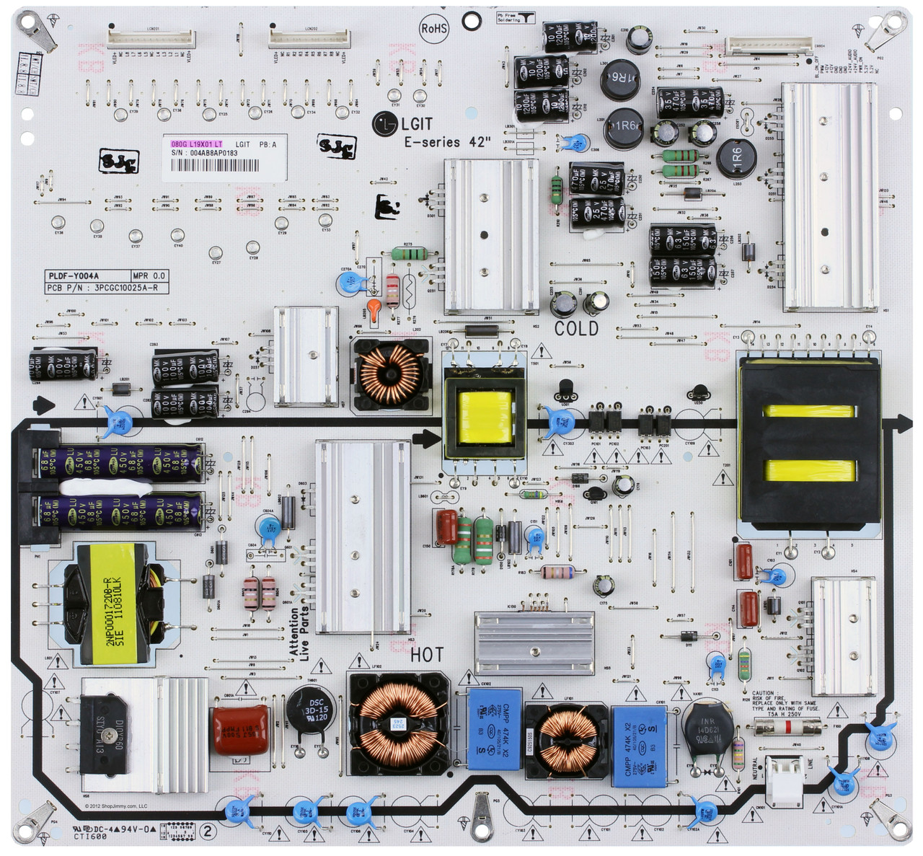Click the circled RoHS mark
(434, 29)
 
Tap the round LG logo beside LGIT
(384, 124)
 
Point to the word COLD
(576, 329)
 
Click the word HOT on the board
(427, 655)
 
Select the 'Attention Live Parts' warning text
(299, 633)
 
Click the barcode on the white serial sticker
(215, 165)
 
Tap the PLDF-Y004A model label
(74, 275)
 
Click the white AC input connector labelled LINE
(785, 781)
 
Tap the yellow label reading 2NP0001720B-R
(114, 612)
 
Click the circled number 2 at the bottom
(208, 831)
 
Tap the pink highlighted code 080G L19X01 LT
(193, 144)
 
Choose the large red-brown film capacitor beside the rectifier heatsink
(240, 730)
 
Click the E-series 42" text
(447, 143)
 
